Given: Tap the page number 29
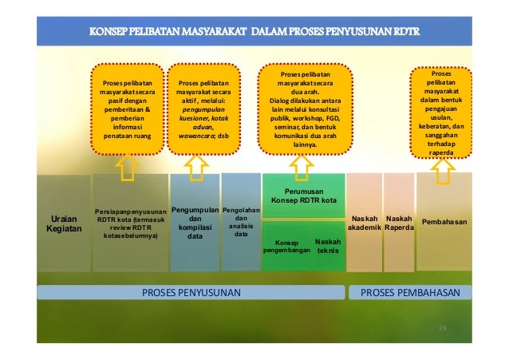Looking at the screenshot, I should pyautogui.click(x=444, y=328).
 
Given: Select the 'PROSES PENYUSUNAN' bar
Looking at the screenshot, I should pyautogui.click(x=191, y=293).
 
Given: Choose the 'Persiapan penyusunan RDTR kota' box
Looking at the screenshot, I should pyautogui.click(x=130, y=223).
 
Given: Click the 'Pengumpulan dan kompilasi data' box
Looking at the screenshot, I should pyautogui.click(x=195, y=223).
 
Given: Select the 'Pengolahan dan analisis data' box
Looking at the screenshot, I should pyautogui.click(x=240, y=222).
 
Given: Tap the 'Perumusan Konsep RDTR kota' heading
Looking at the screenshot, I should pyautogui.click(x=303, y=196).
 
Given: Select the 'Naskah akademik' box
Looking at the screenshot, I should pyautogui.click(x=363, y=223).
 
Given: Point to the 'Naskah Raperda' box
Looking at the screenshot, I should pyautogui.click(x=399, y=223).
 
